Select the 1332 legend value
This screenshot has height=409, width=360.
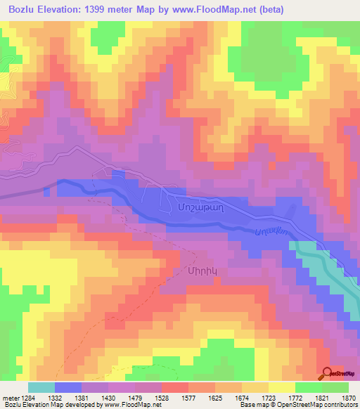[68, 398]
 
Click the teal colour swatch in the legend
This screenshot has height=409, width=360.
[41, 387]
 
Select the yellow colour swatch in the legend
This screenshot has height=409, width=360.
[281, 387]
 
